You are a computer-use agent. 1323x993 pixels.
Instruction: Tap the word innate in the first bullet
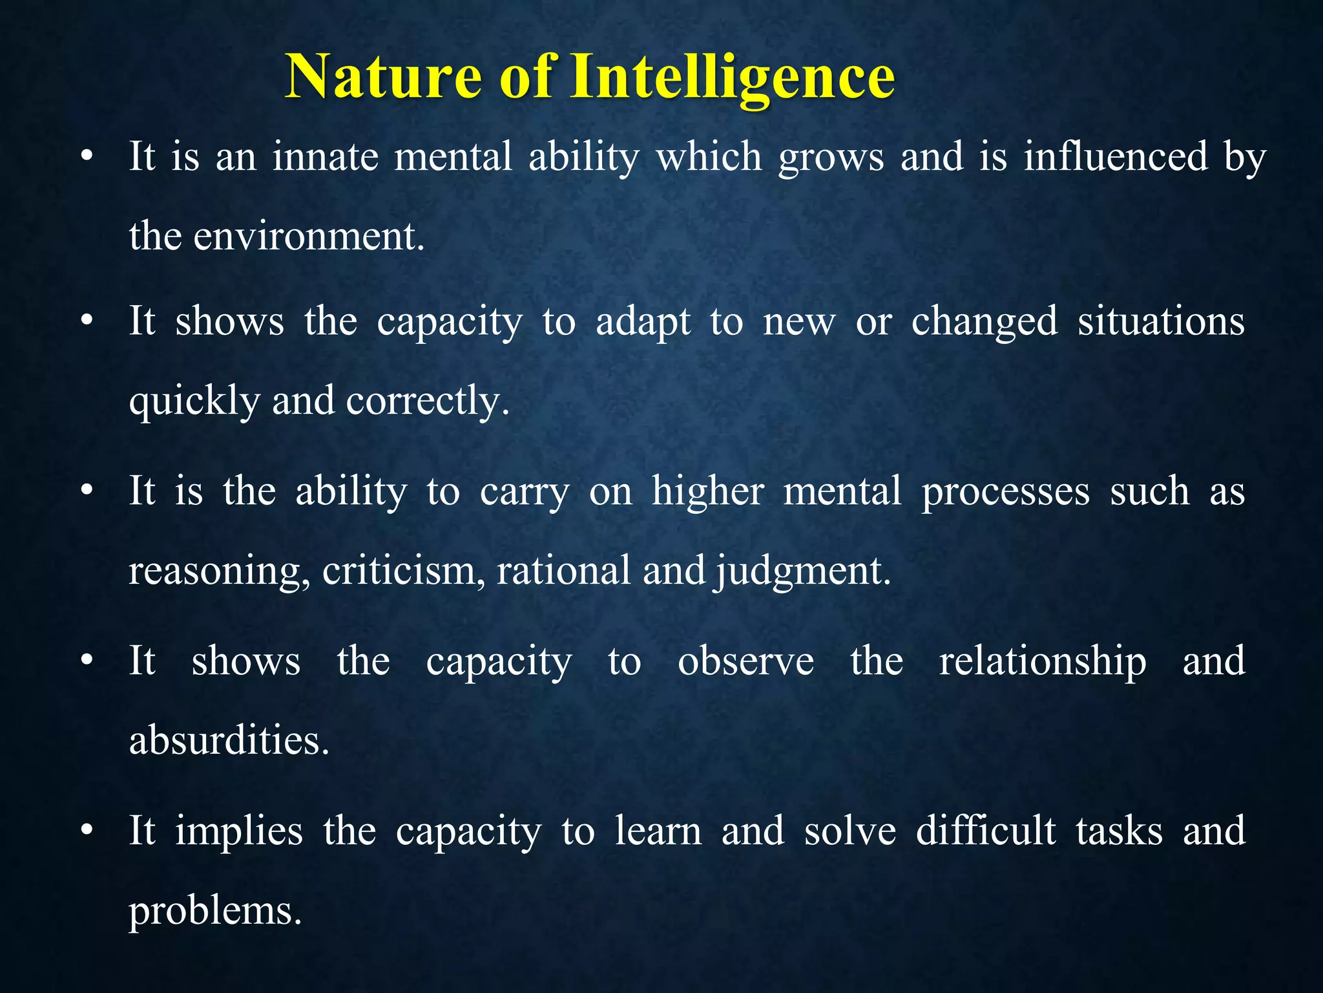(325, 157)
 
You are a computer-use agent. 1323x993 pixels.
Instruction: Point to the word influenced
(1116, 157)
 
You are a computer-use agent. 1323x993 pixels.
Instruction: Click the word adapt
(643, 321)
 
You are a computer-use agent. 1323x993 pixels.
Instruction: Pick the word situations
(1161, 321)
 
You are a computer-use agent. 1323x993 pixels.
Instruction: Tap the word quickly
(194, 401)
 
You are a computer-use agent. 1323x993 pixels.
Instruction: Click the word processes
(1005, 491)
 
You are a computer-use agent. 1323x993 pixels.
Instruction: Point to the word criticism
(399, 571)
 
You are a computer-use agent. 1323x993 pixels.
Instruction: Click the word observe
(745, 661)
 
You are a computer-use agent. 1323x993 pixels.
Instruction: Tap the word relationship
(1042, 661)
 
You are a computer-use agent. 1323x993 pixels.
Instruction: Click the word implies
(239, 831)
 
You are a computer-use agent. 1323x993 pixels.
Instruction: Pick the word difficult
(986, 831)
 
